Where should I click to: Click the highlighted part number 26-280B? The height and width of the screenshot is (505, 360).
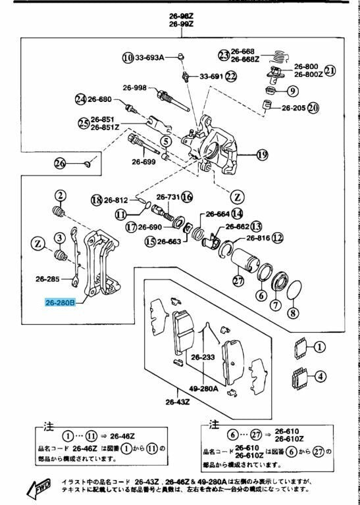(x=60, y=303)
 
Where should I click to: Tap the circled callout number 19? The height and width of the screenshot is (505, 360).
(x=262, y=155)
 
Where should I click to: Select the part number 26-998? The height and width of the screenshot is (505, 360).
(x=134, y=87)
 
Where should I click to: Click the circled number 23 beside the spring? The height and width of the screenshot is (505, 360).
(x=224, y=55)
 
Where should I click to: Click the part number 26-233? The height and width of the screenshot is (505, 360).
(x=203, y=357)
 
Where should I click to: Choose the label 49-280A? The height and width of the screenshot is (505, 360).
(x=204, y=389)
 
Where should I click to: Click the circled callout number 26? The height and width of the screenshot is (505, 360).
(x=60, y=162)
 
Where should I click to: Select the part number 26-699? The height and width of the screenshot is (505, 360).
(x=143, y=162)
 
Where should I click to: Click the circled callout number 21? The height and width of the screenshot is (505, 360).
(x=330, y=70)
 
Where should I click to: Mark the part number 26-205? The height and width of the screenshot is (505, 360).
(x=294, y=107)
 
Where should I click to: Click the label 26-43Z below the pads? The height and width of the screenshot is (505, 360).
(x=177, y=402)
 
